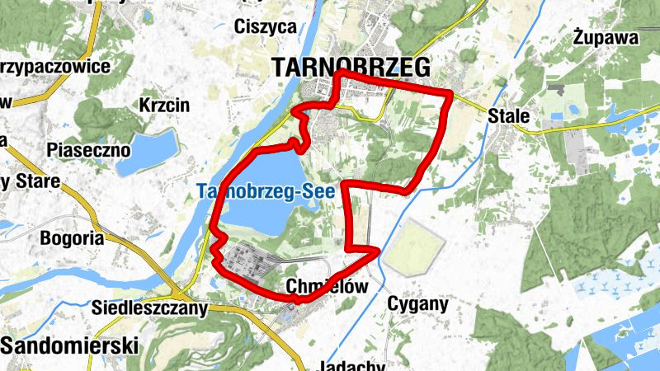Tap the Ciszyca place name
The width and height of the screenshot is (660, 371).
pyautogui.click(x=265, y=26)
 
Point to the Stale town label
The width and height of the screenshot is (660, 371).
pyautogui.click(x=508, y=115)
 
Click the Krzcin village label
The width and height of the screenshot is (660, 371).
pyautogui.click(x=164, y=106)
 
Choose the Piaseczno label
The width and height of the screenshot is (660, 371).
pyautogui.click(x=89, y=150)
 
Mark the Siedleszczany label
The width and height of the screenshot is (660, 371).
pyautogui.click(x=148, y=308)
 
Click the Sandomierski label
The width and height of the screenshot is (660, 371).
pyautogui.click(x=69, y=345)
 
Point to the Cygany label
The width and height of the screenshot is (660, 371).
pyautogui.click(x=417, y=304)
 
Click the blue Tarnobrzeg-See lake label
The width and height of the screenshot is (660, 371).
pyautogui.click(x=265, y=191)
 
